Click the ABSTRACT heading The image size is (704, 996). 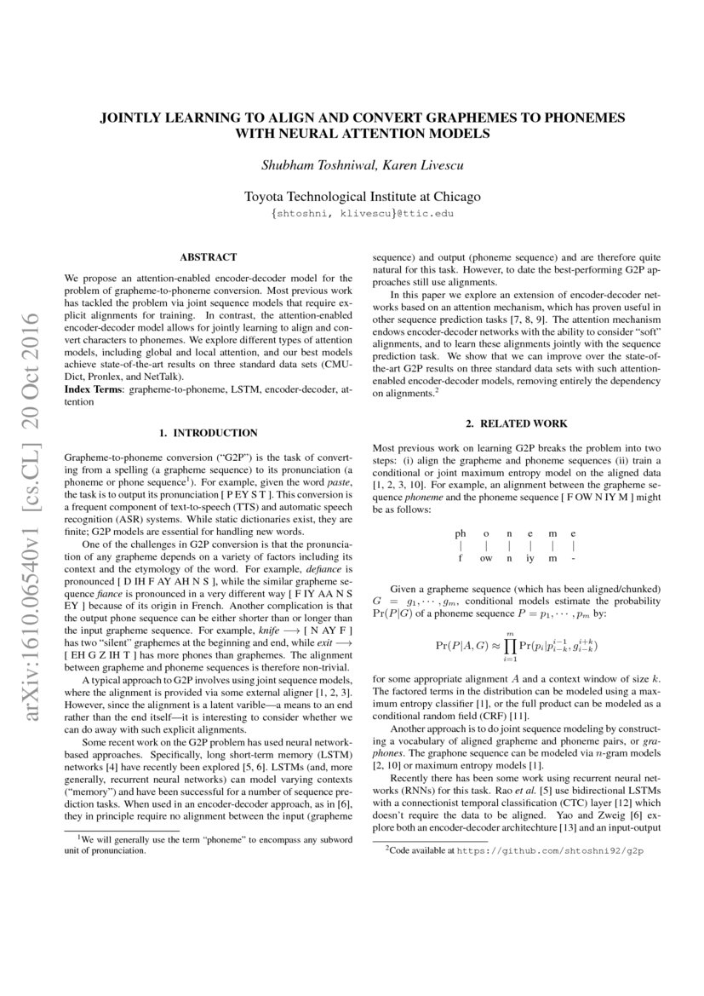(x=208, y=256)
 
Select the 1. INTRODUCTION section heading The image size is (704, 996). (x=209, y=433)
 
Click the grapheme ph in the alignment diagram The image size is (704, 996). (x=461, y=533)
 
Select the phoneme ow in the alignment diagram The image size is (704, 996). (x=485, y=558)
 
